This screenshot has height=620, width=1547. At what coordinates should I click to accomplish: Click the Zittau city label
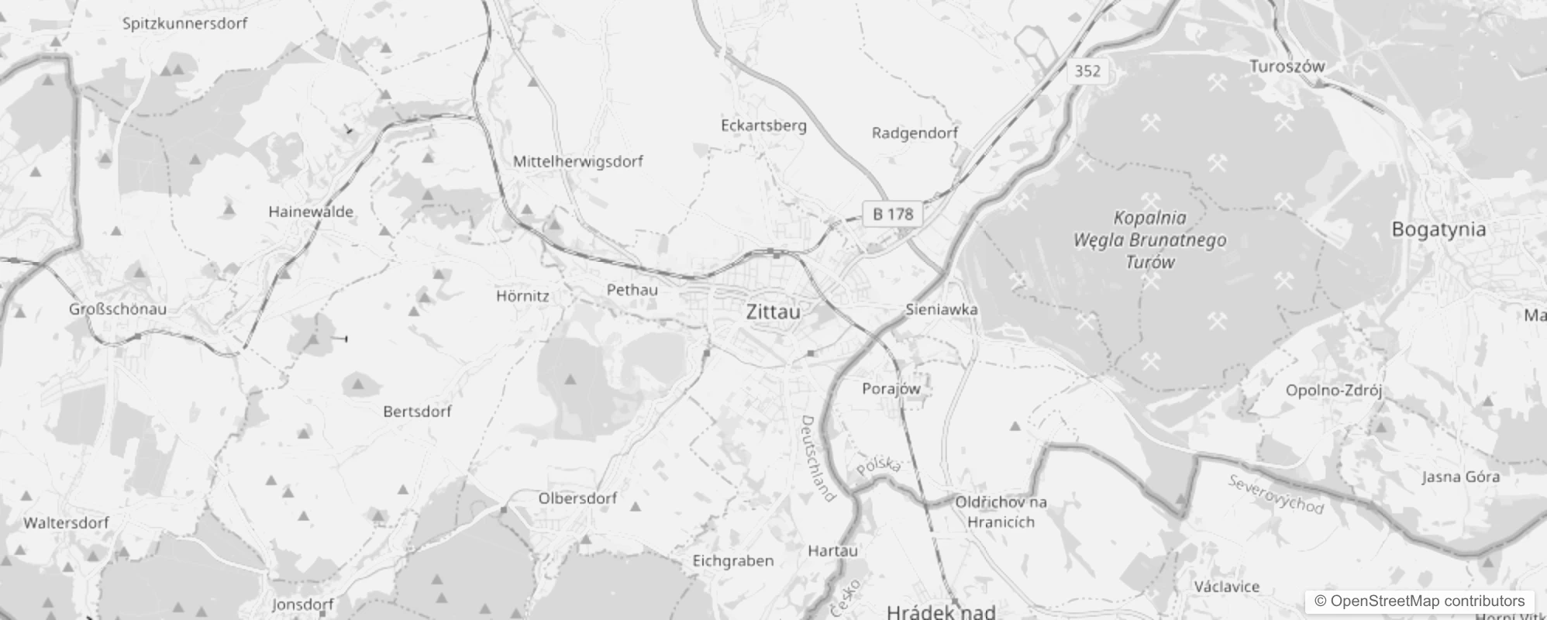773,312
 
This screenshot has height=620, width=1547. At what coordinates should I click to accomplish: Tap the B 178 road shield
893,214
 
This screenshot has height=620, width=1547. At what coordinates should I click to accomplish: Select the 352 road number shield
1087,71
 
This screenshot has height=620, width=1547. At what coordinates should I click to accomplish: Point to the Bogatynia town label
1438,229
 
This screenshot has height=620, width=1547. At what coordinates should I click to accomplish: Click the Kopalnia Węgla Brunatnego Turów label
1150,239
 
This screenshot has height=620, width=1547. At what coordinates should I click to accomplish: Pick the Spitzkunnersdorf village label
185,23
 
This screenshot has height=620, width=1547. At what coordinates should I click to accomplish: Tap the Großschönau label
118,308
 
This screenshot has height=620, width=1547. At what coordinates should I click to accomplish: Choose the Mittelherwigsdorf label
578,161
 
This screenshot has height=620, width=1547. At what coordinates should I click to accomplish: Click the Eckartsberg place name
763,126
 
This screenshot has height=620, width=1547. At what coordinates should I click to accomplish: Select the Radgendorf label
915,133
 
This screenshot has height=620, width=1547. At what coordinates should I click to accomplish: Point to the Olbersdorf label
577,498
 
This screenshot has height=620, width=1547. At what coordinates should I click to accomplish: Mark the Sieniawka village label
942,309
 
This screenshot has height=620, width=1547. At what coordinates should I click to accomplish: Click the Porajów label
891,388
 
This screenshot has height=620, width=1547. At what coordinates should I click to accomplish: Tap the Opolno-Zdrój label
1334,391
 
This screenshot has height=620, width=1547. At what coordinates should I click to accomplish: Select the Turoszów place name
1287,67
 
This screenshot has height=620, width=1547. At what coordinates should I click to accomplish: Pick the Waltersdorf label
66,522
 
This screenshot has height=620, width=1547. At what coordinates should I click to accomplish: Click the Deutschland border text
818,458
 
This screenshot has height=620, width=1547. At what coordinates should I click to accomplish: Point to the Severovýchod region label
1276,494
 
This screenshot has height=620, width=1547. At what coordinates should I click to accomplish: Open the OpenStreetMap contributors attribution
1419,601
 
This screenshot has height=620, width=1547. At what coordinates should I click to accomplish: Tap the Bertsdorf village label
417,412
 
